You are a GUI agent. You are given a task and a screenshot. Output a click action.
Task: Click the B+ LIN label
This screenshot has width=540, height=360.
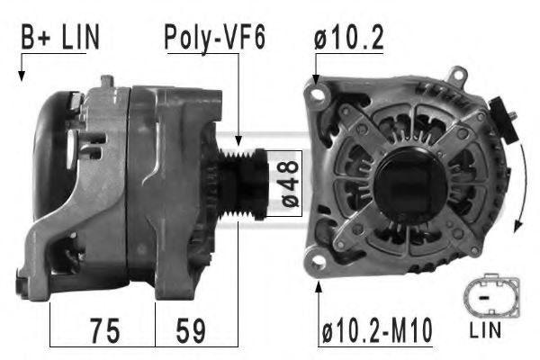[x=60, y=37]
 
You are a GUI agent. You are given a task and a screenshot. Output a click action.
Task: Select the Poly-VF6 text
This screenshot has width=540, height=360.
[x=213, y=37]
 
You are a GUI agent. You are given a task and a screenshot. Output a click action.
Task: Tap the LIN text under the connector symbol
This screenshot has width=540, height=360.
[x=486, y=330]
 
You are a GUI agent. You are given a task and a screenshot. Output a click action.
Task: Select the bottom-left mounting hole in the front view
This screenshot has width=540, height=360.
[x=317, y=262]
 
